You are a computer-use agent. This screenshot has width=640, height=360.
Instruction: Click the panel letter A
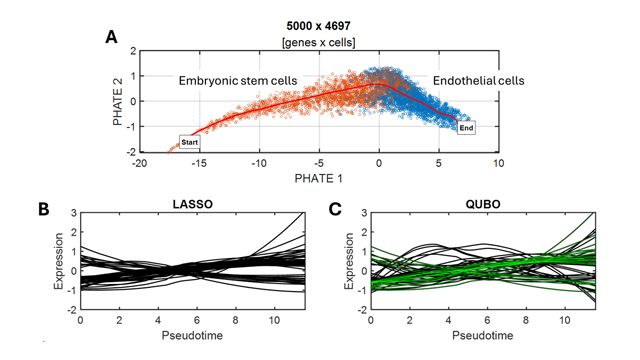[x=112, y=38]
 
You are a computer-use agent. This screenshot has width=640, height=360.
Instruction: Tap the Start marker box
[x=191, y=142]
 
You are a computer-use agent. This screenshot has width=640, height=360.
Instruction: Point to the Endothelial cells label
[x=483, y=79]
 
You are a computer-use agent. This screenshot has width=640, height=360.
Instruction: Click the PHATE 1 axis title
[x=319, y=178]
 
